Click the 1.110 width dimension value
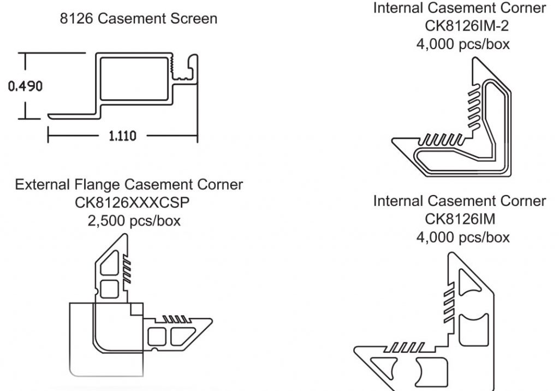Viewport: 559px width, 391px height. click(123, 135)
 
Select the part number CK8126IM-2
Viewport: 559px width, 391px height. click(463, 26)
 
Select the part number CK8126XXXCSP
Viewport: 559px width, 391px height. click(129, 203)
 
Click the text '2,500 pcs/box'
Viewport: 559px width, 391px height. click(129, 221)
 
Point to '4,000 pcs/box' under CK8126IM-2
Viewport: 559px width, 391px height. click(463, 44)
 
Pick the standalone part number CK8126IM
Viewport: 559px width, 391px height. click(463, 219)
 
